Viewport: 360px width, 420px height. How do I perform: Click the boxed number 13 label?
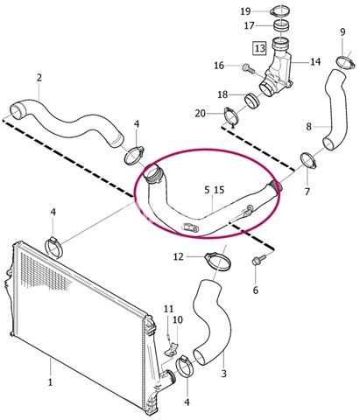259,48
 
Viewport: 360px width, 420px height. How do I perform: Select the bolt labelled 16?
248,68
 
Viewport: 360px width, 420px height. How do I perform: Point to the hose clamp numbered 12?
218,261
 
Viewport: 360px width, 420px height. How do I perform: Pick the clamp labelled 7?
308,160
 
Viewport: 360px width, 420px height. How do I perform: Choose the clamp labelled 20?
231,116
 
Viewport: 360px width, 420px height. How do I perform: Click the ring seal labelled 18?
252,101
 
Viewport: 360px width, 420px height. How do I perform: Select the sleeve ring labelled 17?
281,25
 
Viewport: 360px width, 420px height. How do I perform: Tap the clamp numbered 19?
281,12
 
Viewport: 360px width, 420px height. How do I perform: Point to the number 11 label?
168,309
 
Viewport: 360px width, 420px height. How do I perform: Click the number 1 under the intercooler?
50,381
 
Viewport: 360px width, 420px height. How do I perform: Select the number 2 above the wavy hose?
39,78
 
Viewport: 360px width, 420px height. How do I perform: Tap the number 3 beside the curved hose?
223,374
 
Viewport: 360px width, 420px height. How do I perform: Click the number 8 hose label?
309,127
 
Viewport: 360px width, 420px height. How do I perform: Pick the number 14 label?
315,62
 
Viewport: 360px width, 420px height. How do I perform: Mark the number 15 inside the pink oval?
219,190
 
